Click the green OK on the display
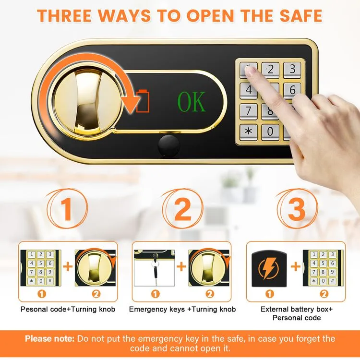point(192,101)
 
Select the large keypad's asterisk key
point(248,131)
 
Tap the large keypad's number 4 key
point(249,90)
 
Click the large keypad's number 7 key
point(249,110)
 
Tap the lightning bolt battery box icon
point(269,268)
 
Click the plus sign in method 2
point(181,267)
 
